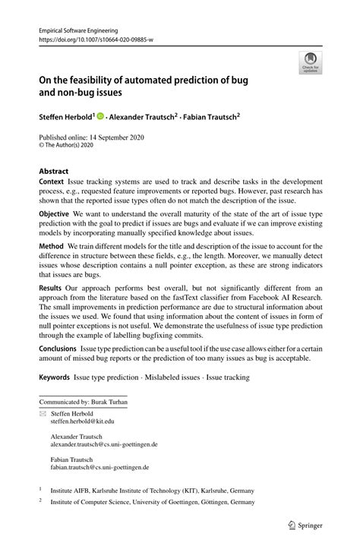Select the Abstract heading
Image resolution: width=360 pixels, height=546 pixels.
[x=54, y=172]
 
